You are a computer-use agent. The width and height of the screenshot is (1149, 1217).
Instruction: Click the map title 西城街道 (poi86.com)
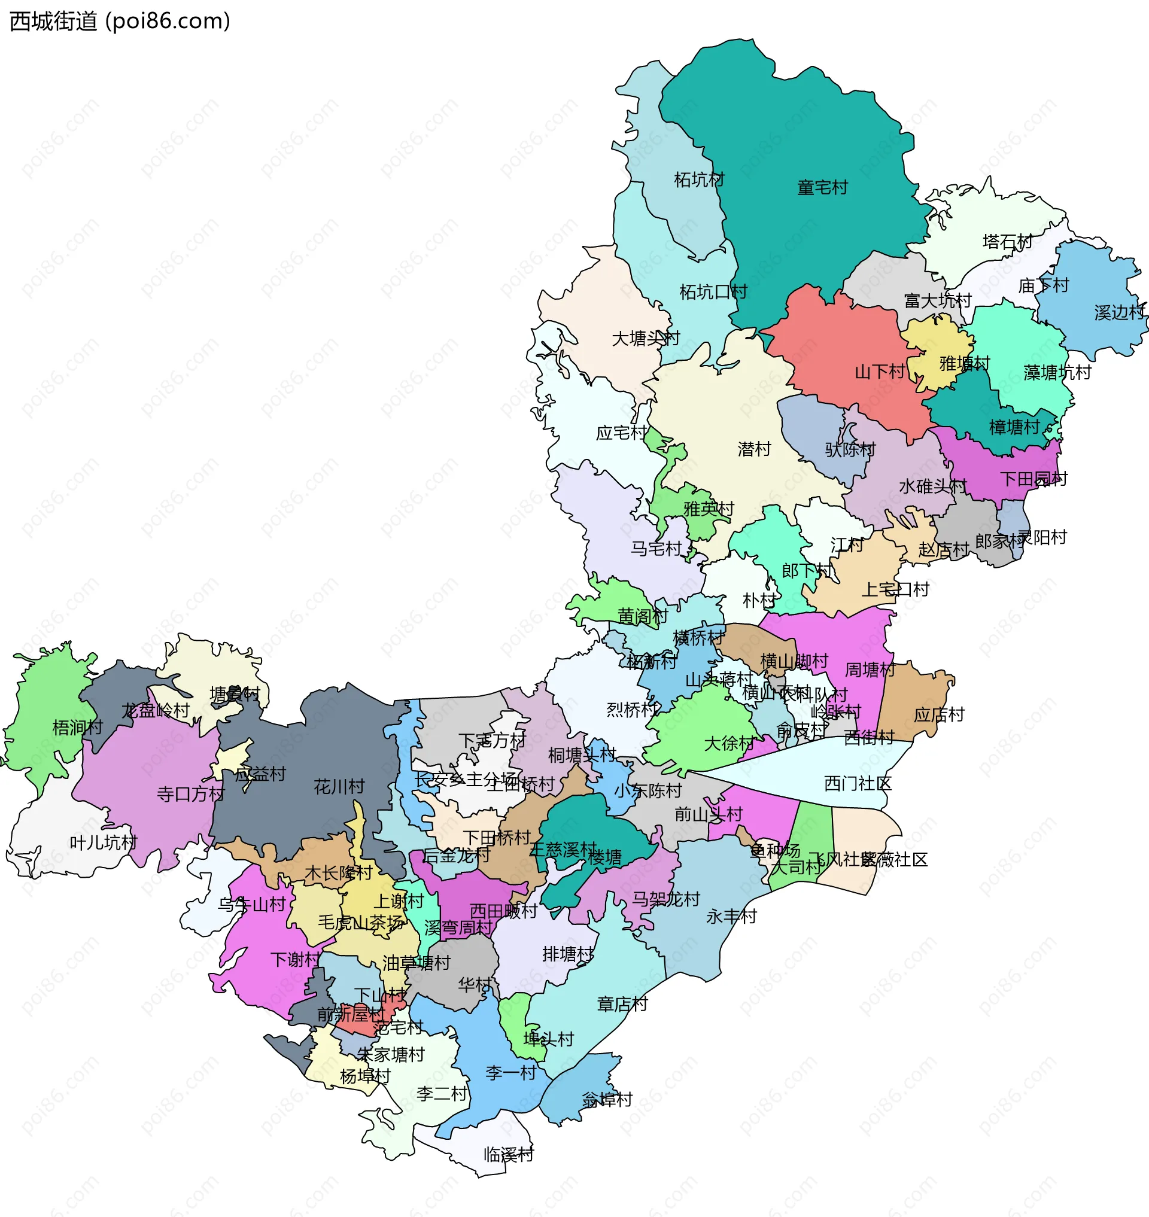tap(120, 22)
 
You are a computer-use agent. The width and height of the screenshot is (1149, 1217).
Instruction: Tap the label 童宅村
tap(822, 187)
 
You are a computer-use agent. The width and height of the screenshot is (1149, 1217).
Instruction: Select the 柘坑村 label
tap(699, 179)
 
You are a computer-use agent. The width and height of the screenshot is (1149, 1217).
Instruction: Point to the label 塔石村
tap(1007, 241)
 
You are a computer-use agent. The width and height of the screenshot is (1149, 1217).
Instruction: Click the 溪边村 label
tap(1119, 312)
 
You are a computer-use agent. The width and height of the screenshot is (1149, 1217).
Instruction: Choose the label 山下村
tap(879, 371)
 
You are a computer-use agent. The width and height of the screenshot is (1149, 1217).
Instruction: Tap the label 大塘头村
tap(646, 338)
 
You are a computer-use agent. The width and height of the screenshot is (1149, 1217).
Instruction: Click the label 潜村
tap(754, 449)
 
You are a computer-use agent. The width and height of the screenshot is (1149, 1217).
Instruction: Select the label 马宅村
tap(656, 548)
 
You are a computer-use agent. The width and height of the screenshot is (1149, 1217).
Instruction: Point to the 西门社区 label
tap(858, 783)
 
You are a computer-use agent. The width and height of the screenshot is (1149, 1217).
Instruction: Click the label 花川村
tap(339, 786)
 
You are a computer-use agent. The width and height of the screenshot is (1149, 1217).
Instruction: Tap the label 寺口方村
tap(190, 794)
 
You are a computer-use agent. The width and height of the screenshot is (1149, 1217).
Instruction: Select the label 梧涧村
tap(77, 727)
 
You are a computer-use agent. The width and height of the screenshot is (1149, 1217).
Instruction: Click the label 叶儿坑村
tap(103, 842)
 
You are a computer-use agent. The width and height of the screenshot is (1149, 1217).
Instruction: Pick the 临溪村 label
tap(508, 1155)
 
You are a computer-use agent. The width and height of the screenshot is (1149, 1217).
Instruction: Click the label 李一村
tap(511, 1072)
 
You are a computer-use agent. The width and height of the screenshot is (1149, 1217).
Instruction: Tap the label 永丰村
tap(731, 916)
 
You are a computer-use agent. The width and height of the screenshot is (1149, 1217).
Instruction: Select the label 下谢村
tap(294, 959)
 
